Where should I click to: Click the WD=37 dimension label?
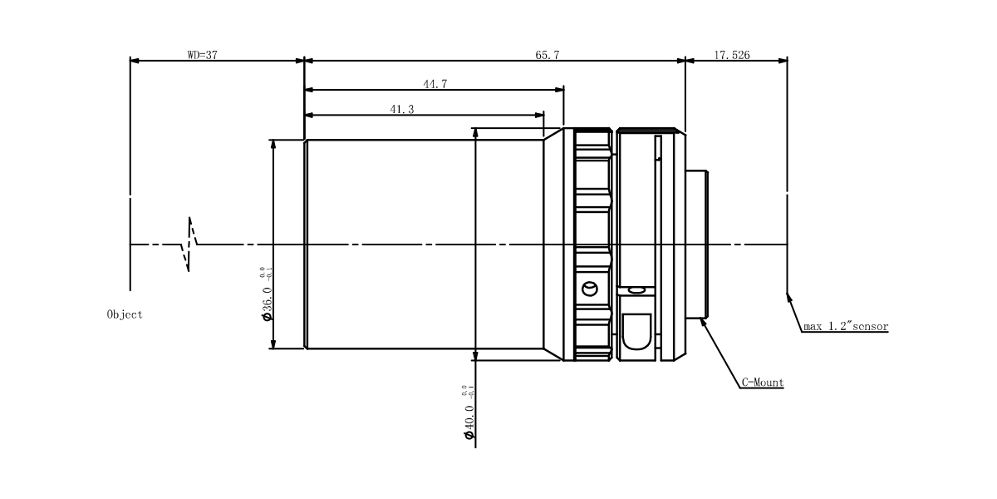point(203,55)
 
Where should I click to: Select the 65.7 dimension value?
point(547,55)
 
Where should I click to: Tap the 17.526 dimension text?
point(732,55)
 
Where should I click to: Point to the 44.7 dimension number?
point(435,84)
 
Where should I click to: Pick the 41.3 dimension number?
point(402,109)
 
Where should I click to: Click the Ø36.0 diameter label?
point(266,294)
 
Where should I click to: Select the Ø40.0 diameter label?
point(469,413)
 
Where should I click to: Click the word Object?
point(125,314)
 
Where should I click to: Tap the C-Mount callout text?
point(763,383)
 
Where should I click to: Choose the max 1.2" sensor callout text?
point(846,327)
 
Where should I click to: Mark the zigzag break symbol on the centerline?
point(189,245)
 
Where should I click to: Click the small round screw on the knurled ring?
point(590,289)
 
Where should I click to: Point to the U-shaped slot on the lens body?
point(636,332)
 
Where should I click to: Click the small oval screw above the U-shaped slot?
point(637,291)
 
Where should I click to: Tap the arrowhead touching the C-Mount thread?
point(703,322)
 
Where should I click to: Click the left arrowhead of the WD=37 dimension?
point(135,61)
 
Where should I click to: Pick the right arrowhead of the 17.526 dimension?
point(783,61)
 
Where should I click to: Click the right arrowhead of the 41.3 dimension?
point(538,115)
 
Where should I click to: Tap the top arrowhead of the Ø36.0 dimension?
point(273,145)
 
